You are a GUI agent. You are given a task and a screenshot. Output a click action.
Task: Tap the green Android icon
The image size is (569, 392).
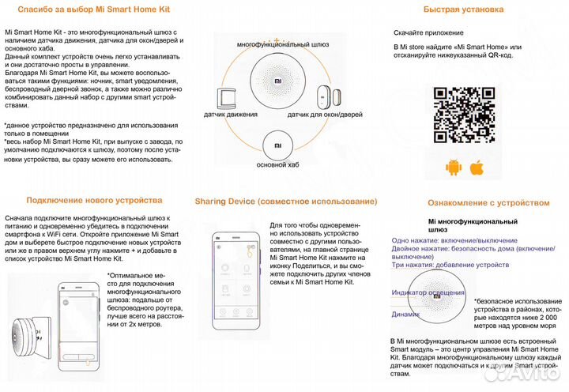point(453,168)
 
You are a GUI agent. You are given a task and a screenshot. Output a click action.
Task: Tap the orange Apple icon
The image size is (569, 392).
point(477,168)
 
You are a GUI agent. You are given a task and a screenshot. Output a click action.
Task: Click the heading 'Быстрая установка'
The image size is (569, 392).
point(463,9)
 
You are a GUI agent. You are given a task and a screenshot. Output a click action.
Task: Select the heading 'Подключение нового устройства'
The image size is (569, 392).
point(94,201)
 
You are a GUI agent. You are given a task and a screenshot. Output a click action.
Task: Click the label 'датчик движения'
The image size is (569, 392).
point(230,115)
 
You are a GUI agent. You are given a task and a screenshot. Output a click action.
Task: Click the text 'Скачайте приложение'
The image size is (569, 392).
point(428,33)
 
